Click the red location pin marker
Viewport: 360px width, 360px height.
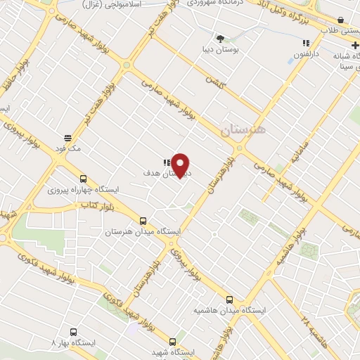point(181,165)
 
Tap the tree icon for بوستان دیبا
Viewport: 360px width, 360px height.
point(220,39)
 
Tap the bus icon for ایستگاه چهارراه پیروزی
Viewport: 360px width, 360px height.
point(84,179)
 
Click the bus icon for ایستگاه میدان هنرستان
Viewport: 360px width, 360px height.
point(143,220)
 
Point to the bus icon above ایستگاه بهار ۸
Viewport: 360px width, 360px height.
point(73,331)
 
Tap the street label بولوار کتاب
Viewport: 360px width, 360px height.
point(96,205)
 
